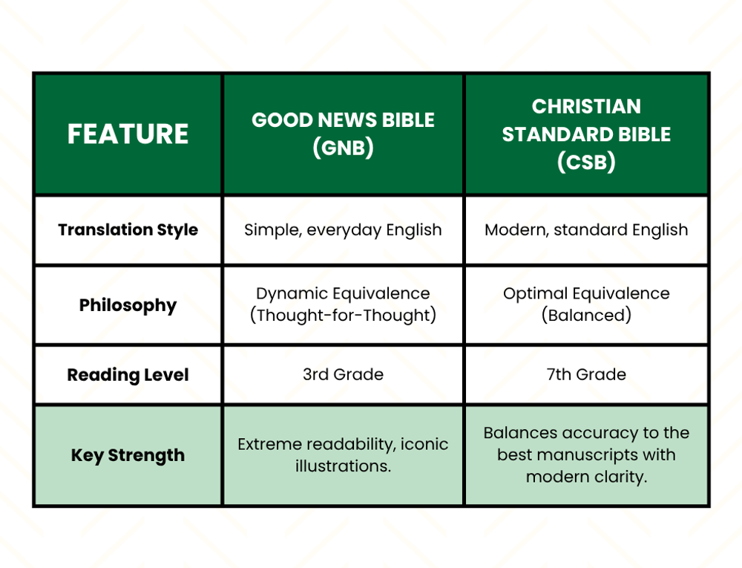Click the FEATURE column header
tap(128, 134)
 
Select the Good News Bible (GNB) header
tap(343, 134)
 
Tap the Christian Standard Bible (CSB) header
tap(586, 134)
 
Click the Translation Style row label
tap(128, 230)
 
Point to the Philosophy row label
tap(128, 305)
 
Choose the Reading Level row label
tap(128, 375)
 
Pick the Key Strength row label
tap(128, 455)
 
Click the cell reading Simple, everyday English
tap(343, 230)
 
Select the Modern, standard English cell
tap(586, 230)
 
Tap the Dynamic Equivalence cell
tap(343, 294)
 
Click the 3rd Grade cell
tap(343, 375)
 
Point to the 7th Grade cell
tap(586, 375)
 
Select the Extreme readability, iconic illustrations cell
tap(343, 455)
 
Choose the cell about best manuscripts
tap(586, 454)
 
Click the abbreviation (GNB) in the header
tap(343, 148)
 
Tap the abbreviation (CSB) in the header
tap(586, 162)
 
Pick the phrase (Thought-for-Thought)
tap(343, 316)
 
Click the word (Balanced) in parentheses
tap(586, 316)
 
